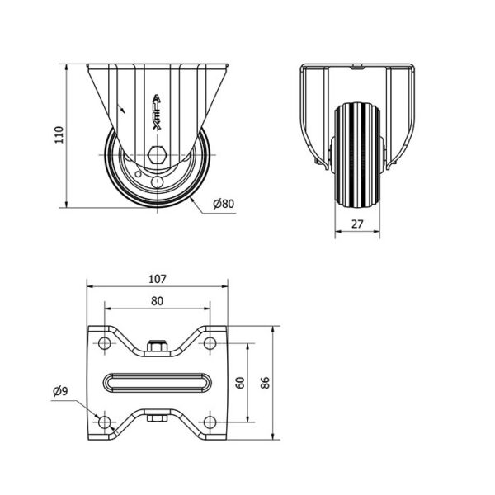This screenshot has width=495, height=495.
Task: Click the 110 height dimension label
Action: click(x=59, y=134)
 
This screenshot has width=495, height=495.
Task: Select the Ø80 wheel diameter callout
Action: click(x=224, y=204)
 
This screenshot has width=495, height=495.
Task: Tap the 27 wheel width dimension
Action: click(x=357, y=224)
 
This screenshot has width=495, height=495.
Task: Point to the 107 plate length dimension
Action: click(x=158, y=279)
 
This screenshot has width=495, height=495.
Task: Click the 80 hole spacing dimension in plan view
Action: click(x=157, y=301)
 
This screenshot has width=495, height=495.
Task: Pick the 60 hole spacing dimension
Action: click(x=240, y=383)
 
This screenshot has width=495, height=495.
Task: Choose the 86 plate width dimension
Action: click(x=266, y=383)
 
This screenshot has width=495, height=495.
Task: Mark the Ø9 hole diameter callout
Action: click(x=60, y=391)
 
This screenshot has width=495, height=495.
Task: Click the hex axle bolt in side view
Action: click(x=157, y=155)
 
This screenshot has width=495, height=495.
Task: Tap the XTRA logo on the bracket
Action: click(x=157, y=112)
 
